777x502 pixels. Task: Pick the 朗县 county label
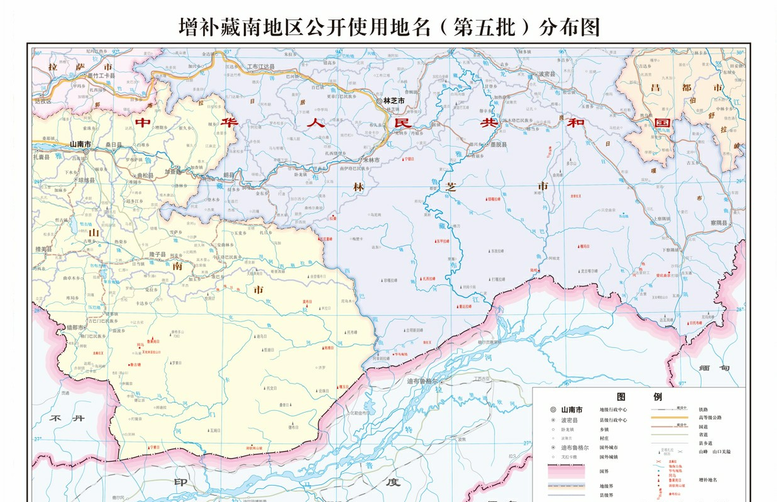coord(228,174)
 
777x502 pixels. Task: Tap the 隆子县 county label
coord(157,254)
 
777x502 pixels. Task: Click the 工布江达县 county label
coord(260,66)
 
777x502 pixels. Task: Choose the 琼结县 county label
coord(85,180)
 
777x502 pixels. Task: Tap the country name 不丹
coord(67,418)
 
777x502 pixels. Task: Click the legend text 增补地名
coord(708,479)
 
